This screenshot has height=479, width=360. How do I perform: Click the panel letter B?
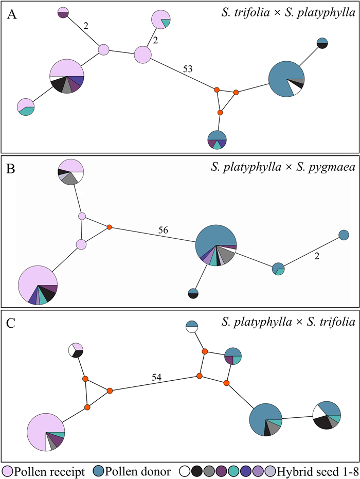(11, 168)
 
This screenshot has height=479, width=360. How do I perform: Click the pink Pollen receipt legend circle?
(8, 470)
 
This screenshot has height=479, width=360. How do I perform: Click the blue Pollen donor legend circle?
(100, 470)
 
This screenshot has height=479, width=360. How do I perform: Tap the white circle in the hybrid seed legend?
(185, 470)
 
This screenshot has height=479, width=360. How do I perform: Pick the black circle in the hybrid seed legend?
(197, 470)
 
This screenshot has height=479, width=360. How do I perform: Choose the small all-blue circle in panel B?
(344, 235)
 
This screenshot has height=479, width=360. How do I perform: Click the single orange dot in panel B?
(109, 227)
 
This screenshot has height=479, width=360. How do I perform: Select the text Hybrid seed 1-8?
(314, 470)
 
